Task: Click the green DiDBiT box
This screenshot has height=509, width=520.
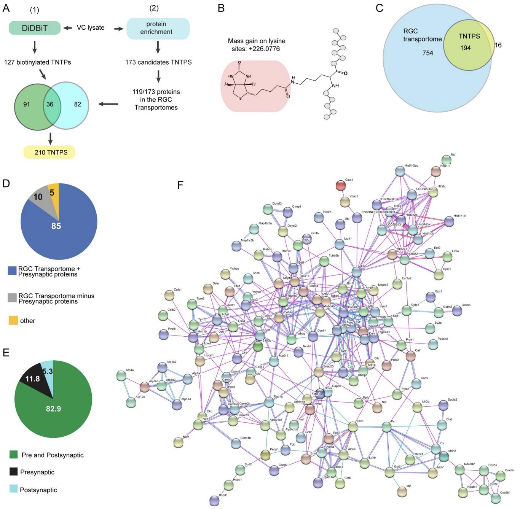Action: coord(35,28)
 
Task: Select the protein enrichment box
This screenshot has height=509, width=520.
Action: coord(158,28)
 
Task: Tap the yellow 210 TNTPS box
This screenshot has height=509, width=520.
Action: coord(49,152)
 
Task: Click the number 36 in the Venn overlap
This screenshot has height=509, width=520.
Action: coord(49,104)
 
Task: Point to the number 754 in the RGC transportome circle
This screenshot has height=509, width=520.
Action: coord(427,53)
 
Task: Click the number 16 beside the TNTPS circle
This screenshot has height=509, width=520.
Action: coord(498,45)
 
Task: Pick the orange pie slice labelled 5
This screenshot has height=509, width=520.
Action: coord(53,192)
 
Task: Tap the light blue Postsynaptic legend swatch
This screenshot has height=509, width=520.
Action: coord(14,490)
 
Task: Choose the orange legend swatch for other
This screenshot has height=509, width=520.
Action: coord(13,321)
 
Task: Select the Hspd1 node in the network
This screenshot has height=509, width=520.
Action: coord(215,501)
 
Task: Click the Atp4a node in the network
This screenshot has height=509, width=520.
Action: coord(121,376)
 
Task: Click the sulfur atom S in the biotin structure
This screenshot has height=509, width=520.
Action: coord(240,103)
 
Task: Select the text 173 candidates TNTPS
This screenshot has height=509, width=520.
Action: coord(158,62)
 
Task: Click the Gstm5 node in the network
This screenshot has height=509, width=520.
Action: coord(457,311)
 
